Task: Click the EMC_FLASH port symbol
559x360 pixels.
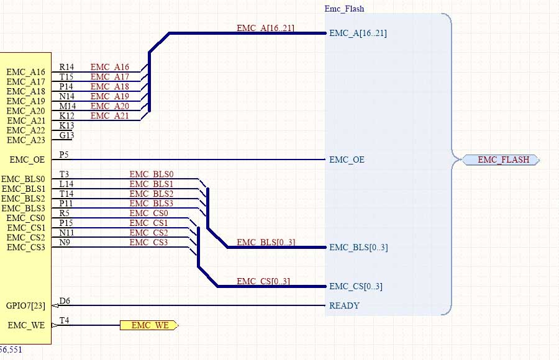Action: pyautogui.click(x=501, y=160)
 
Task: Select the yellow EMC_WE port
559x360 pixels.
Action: pyautogui.click(x=149, y=325)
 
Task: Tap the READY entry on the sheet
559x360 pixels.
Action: pyautogui.click(x=344, y=305)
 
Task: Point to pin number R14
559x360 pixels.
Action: pyautogui.click(x=66, y=67)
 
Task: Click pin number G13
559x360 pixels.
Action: pyautogui.click(x=66, y=135)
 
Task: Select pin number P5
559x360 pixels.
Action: pyautogui.click(x=64, y=155)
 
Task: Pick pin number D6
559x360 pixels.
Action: pyautogui.click(x=65, y=301)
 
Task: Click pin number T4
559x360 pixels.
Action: pyautogui.click(x=65, y=320)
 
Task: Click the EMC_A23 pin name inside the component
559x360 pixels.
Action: pyautogui.click(x=25, y=140)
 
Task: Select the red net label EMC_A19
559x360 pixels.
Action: pyautogui.click(x=110, y=96)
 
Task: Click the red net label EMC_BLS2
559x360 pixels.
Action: pyautogui.click(x=152, y=194)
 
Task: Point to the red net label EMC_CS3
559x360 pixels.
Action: pyautogui.click(x=149, y=242)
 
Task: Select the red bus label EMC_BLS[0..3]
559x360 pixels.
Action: pyautogui.click(x=265, y=242)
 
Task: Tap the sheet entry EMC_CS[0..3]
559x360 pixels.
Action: pyautogui.click(x=356, y=286)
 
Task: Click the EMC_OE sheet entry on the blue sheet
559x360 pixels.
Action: pyautogui.click(x=347, y=160)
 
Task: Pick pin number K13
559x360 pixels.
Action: pyautogui.click(x=66, y=125)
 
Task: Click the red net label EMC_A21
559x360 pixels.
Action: pyautogui.click(x=110, y=115)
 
